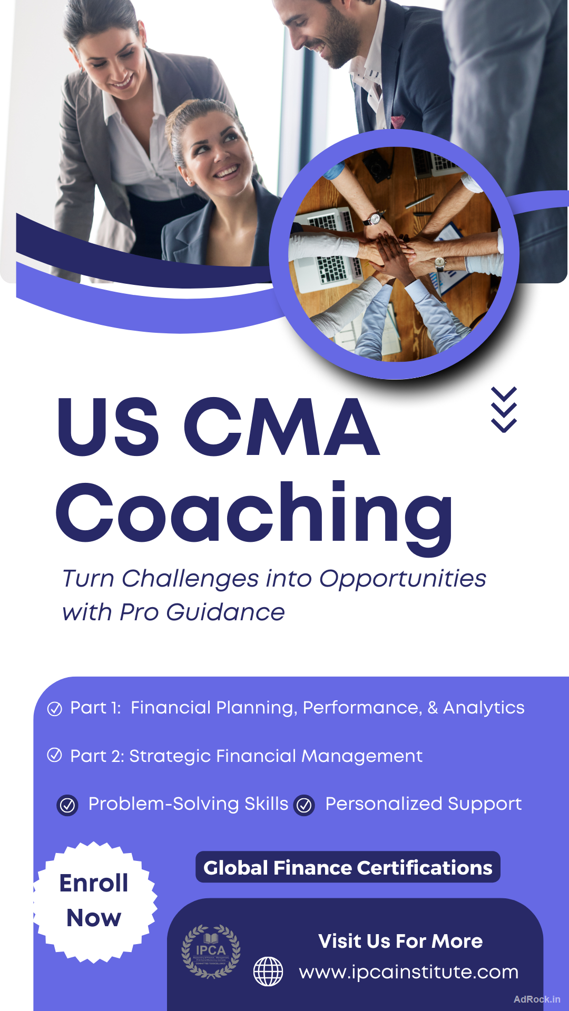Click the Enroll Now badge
pyautogui.click(x=94, y=901)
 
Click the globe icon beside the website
pyautogui.click(x=268, y=972)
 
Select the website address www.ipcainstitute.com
pyautogui.click(x=409, y=972)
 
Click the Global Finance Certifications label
pyautogui.click(x=348, y=867)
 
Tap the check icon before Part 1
pyautogui.click(x=55, y=709)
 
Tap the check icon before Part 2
pyautogui.click(x=55, y=755)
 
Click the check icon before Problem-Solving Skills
pyautogui.click(x=67, y=805)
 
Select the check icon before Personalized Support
pyautogui.click(x=305, y=805)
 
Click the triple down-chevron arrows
pyautogui.click(x=504, y=410)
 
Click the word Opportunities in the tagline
pyautogui.click(x=403, y=579)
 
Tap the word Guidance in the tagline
pyautogui.click(x=225, y=612)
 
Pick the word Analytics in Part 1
pyautogui.click(x=484, y=708)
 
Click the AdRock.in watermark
pyautogui.click(x=537, y=999)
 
